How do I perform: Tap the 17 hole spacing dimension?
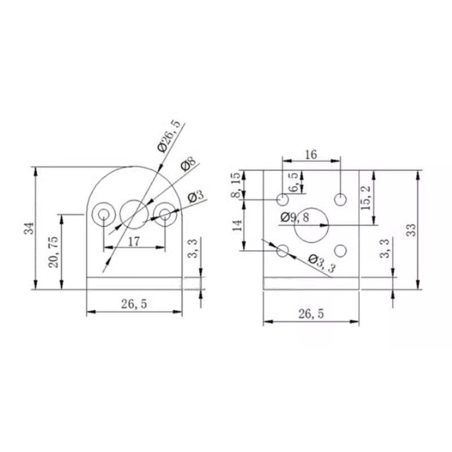134,241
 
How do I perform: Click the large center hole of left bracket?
134,214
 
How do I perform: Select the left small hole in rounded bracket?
103,214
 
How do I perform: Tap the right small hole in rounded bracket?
164,214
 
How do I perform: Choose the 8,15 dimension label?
237,187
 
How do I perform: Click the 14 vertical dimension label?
237,225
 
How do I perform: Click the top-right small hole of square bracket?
340,199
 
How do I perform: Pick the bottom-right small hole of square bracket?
340,250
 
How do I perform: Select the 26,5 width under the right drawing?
310,314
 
